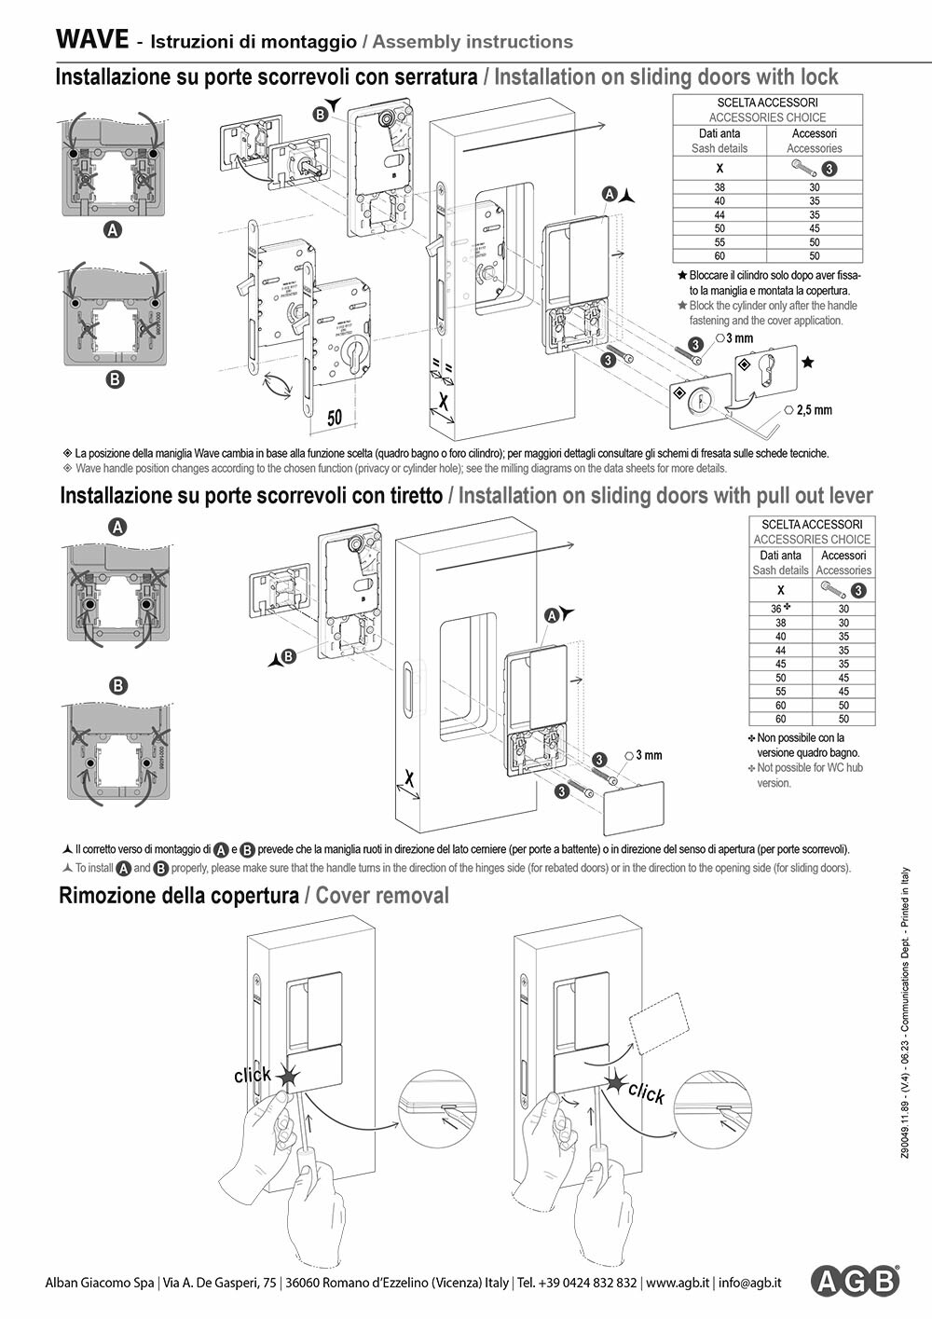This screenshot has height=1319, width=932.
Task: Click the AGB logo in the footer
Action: [x=855, y=1282]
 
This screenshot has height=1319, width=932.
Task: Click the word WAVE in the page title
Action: [x=91, y=39]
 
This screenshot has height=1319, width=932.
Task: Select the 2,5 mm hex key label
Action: [x=815, y=410]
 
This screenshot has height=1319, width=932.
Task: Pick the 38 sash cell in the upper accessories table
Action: [x=720, y=187]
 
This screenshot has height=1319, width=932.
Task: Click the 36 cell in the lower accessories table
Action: [x=779, y=609]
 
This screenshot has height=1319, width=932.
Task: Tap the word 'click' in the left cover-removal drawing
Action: [x=252, y=1075]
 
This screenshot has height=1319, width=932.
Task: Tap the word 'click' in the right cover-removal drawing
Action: [x=646, y=1092]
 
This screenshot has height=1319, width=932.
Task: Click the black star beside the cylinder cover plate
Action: [x=808, y=362]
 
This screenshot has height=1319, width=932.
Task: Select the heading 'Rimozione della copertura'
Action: [x=178, y=896]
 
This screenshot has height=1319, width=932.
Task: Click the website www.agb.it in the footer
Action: [x=678, y=1283]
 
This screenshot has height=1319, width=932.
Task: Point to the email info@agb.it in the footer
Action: [x=749, y=1283]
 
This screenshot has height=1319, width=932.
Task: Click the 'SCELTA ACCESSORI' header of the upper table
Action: [x=767, y=103]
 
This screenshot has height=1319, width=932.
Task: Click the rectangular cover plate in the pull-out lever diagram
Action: [x=634, y=808]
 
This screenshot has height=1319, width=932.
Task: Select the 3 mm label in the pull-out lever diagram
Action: [x=649, y=755]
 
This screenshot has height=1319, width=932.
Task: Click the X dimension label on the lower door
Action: [x=407, y=777]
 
